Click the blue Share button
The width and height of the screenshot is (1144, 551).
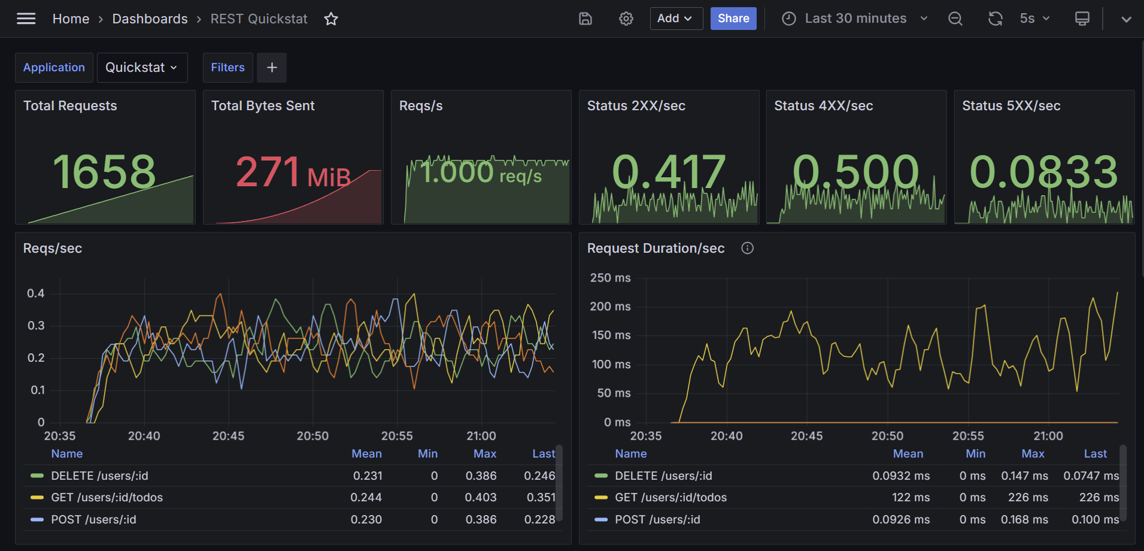733,19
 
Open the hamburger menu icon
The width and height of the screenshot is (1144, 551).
26,19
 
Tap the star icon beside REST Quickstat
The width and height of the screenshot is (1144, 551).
331,19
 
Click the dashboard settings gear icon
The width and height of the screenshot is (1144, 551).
626,19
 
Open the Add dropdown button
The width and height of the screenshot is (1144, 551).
676,19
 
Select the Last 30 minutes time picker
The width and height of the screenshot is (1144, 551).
855,19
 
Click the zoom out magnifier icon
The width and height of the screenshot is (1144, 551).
955,19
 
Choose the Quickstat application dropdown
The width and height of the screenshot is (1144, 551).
142,68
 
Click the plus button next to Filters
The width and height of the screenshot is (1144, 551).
272,68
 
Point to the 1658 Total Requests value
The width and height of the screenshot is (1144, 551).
104,172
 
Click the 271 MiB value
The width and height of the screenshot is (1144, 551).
293,172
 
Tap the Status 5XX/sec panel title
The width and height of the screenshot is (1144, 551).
1011,106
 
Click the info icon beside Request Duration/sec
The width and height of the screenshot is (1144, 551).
748,248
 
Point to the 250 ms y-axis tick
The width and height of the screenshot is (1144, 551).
611,278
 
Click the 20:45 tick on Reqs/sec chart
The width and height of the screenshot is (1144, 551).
228,436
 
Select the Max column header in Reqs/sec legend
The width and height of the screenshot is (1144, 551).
485,454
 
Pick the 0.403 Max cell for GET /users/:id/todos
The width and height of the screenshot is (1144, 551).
481,498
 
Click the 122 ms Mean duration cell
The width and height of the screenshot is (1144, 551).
911,498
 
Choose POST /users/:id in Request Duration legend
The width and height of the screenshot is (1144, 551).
657,520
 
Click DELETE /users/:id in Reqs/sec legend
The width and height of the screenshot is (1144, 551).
99,476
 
